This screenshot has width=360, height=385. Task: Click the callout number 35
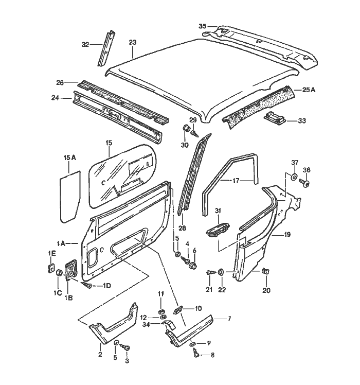point(202,26)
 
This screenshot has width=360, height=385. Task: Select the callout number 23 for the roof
point(132,42)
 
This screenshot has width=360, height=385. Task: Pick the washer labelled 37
point(293,177)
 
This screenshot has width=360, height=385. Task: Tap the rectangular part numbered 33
point(276,118)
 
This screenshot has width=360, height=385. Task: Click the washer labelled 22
point(221,271)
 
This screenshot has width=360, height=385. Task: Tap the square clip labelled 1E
point(52,267)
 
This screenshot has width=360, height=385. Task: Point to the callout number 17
point(236,181)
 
